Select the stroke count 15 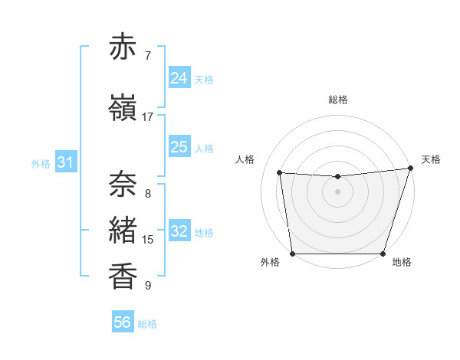click(x=148, y=240)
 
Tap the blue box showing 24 click(x=179, y=78)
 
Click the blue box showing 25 click(x=179, y=147)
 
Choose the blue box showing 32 click(x=179, y=231)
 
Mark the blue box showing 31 click(x=66, y=162)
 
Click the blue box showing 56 click(x=123, y=322)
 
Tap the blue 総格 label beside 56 click(x=147, y=324)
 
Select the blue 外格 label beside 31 click(x=41, y=164)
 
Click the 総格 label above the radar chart click(x=338, y=100)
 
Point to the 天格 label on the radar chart click(x=431, y=159)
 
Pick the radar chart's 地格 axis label click(x=402, y=262)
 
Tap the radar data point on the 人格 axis click(x=279, y=173)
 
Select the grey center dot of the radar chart click(x=337, y=191)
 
